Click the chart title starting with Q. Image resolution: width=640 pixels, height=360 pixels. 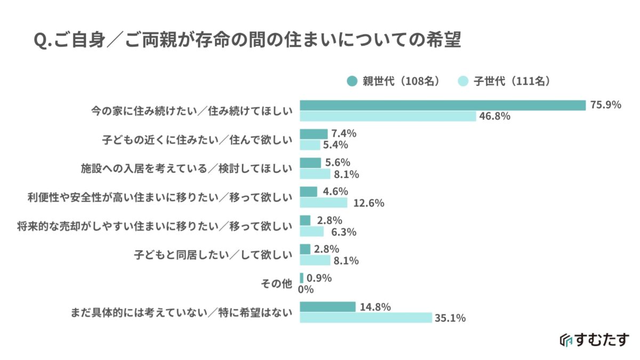[x=247, y=41]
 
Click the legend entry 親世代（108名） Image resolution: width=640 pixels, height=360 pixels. [x=393, y=81]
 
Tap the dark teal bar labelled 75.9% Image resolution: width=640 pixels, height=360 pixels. [x=443, y=105]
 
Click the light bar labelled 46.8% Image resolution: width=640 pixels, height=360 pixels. [x=388, y=116]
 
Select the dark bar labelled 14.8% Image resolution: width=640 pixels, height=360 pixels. [x=327, y=307]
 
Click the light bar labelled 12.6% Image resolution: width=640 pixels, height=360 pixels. [x=323, y=203]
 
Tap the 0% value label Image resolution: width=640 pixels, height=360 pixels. [x=306, y=290]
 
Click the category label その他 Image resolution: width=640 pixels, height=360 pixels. [x=277, y=284]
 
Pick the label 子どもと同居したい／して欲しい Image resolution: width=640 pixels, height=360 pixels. [x=213, y=255]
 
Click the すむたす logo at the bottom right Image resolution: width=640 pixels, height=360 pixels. [x=594, y=340]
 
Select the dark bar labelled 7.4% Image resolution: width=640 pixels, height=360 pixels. [x=314, y=134]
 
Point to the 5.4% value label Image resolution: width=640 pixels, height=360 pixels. [x=335, y=145]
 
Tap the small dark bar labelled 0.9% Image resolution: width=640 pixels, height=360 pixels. [x=302, y=278]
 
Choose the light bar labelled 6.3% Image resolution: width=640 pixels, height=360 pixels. [x=311, y=231]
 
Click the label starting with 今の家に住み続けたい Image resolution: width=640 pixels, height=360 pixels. [x=190, y=111]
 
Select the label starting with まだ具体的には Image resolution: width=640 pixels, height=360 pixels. [x=182, y=313]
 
